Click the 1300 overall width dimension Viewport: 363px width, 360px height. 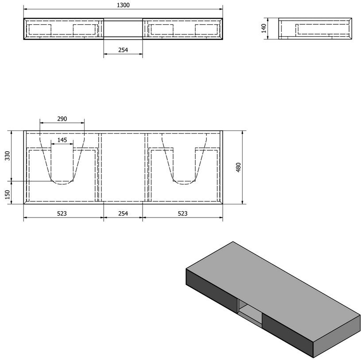pyautogui.click(x=123, y=5)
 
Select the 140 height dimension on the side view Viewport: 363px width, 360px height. pyautogui.click(x=264, y=28)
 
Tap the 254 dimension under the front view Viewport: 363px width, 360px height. pyautogui.click(x=123, y=50)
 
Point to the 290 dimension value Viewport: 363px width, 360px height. pyautogui.click(x=62, y=119)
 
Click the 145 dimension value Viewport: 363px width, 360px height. pyautogui.click(x=62, y=140)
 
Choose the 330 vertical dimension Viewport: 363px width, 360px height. pyautogui.click(x=8, y=156)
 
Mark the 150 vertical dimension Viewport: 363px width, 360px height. pyautogui.click(x=8, y=195)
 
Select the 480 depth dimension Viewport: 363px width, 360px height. pyautogui.click(x=238, y=167)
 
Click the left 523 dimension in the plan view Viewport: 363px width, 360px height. pyautogui.click(x=62, y=213)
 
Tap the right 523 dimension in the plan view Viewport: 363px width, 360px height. pyautogui.click(x=182, y=213)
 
